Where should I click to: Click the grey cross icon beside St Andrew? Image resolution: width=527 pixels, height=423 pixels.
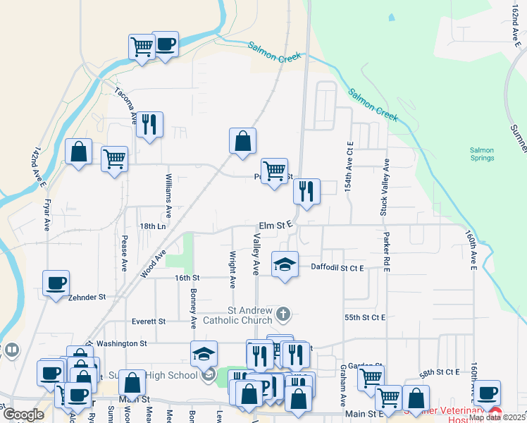click(283, 313)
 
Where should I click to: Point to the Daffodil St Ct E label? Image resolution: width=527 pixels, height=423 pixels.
click(337, 268)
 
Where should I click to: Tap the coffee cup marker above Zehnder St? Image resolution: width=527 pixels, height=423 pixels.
click(56, 284)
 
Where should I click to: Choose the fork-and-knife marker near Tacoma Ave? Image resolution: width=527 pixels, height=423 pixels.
click(149, 125)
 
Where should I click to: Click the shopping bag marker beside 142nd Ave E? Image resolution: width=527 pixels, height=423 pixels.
click(79, 152)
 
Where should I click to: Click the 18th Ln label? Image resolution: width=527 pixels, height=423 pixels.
click(152, 226)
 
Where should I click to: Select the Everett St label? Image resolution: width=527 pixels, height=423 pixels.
click(149, 321)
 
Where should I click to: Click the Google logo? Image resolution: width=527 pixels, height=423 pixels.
click(23, 414)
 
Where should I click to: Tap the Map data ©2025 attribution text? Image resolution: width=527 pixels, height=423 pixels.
click(497, 417)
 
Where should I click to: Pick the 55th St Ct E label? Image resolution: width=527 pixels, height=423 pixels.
click(365, 317)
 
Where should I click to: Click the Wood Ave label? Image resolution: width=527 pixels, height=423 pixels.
click(155, 263)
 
